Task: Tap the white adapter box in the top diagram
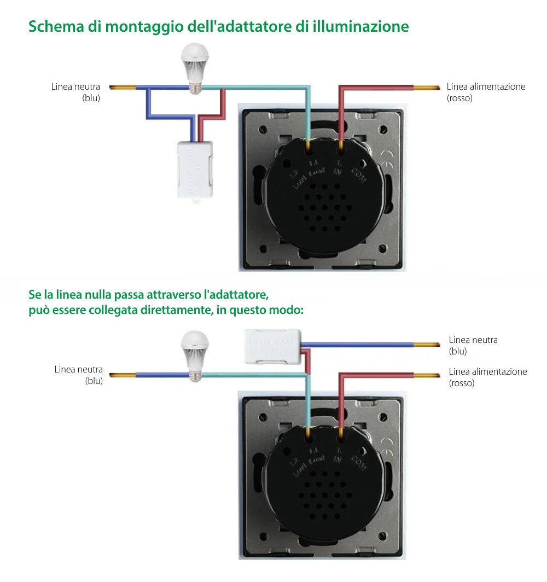(195, 170)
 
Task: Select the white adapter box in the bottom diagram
(272, 346)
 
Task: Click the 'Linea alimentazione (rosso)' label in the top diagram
(486, 92)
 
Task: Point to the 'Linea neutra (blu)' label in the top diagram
(76, 92)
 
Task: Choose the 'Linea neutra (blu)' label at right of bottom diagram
(473, 346)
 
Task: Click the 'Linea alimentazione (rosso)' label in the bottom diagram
(487, 377)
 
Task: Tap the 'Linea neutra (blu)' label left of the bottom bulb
(79, 375)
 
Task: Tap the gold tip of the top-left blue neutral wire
(122, 88)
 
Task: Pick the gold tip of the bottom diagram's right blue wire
(427, 345)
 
